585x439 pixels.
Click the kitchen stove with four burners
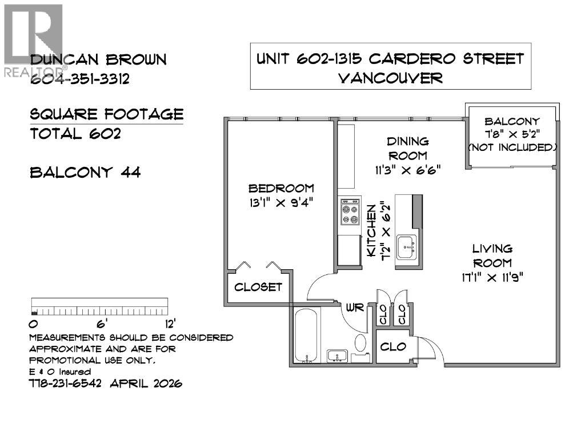(348, 213)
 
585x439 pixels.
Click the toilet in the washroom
(361, 344)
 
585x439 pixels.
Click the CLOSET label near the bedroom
(258, 287)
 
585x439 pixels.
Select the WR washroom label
(354, 308)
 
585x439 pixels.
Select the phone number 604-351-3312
(79, 79)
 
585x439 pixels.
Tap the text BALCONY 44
(85, 172)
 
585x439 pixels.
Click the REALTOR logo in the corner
(31, 40)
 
